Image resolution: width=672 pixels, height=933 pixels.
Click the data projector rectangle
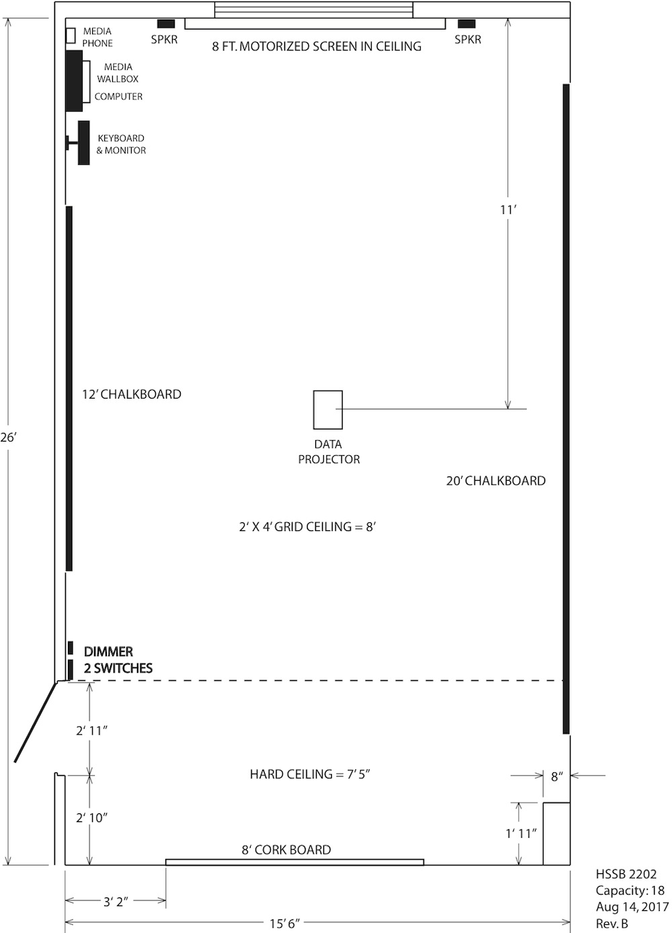pos(328,409)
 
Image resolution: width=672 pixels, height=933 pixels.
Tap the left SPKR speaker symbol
pos(166,24)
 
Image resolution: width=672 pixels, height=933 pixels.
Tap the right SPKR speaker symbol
pos(466,24)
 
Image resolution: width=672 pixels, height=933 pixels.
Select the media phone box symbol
pos(71,35)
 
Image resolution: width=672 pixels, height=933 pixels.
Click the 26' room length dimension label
pos(8,437)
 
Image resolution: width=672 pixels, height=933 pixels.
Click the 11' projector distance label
pos(508,210)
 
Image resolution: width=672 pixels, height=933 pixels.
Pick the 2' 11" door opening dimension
pos(91,731)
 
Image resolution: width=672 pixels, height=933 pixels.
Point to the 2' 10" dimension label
pos(91,817)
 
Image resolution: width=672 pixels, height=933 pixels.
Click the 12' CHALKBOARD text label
pos(132,394)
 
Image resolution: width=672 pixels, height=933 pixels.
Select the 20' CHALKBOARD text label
pos(496,481)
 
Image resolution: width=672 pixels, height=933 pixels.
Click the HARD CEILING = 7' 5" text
pos(310,774)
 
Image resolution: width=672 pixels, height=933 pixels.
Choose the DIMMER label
pos(108,652)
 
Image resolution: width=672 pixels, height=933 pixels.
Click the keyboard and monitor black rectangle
pos(84,143)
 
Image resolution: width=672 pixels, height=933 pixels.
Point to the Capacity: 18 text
pos(630,890)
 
